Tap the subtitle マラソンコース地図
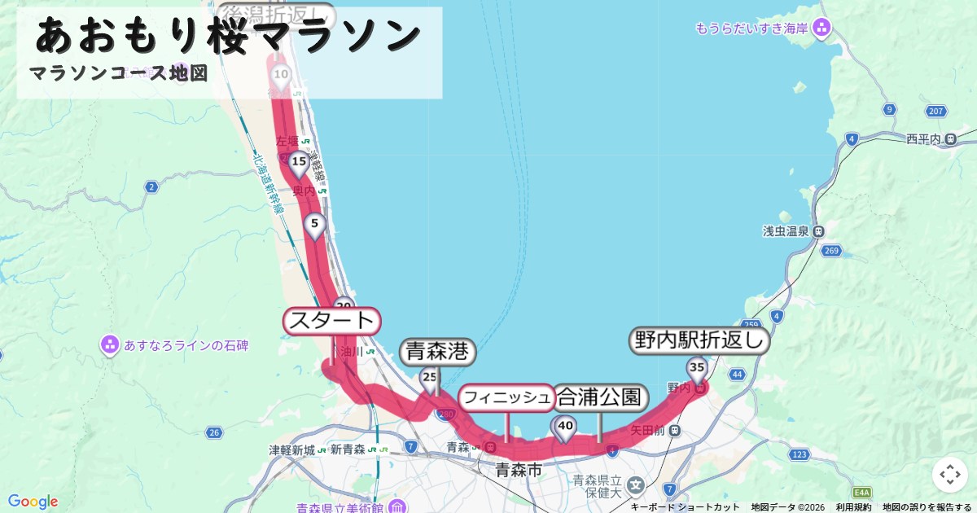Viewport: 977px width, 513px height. coord(118,73)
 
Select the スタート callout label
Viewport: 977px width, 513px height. coord(331,320)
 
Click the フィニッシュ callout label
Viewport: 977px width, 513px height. coord(506,398)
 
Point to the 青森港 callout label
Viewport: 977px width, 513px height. coord(437,352)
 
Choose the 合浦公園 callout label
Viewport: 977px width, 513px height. coord(601,398)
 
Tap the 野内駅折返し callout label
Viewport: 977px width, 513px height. coord(699,340)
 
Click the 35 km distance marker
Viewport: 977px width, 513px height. coord(696,368)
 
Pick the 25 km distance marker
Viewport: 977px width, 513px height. coord(430,378)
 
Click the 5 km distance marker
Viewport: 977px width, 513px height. coord(316,222)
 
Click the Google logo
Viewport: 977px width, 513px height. coord(33,502)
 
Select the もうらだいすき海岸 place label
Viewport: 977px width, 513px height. coord(751,28)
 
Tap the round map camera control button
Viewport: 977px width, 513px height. coord(949,475)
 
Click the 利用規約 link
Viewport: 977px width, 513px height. coord(853,507)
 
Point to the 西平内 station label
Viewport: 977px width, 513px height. coord(923,139)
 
